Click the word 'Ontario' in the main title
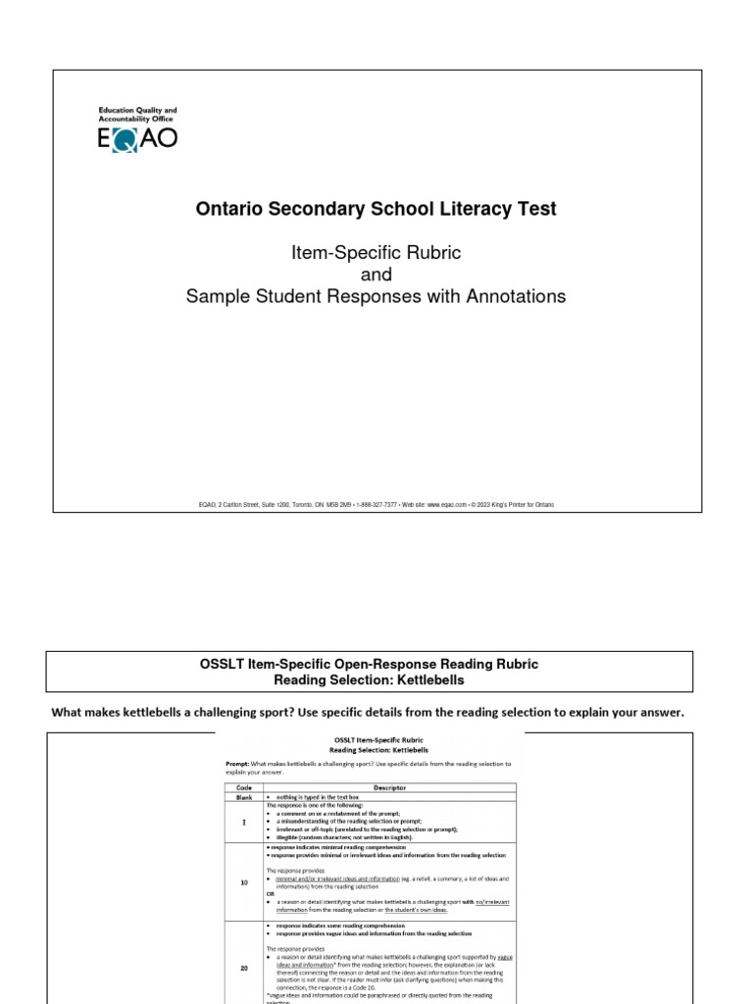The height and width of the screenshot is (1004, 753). [226, 209]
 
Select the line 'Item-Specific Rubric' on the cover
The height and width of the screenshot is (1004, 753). [376, 253]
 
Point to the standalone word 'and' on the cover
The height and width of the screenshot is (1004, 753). [376, 275]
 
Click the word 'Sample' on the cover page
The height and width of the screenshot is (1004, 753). [215, 296]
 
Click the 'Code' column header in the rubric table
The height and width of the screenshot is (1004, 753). [244, 786]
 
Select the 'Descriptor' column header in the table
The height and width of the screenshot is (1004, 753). [391, 786]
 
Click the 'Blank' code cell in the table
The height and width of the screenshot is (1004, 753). [244, 796]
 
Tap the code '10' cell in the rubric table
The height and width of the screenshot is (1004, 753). [244, 882]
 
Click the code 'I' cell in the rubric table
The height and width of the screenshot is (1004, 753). [244, 821]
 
